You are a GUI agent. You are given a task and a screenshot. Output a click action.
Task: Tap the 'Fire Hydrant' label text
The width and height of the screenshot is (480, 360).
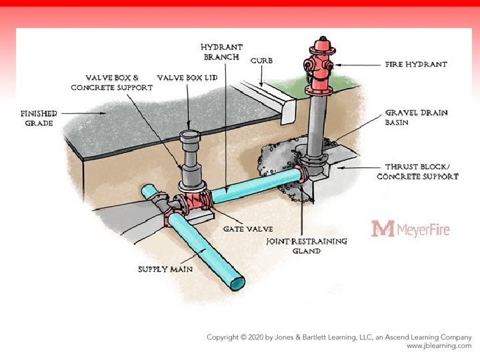(416, 65)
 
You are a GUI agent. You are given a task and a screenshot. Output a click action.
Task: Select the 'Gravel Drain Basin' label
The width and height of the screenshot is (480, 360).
(407, 117)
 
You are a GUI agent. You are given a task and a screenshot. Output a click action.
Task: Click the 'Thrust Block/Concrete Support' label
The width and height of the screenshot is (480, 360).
(417, 171)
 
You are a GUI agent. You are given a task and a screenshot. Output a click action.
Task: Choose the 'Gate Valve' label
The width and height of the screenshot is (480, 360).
(247, 229)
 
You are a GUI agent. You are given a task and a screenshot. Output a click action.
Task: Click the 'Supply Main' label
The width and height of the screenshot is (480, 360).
(165, 269)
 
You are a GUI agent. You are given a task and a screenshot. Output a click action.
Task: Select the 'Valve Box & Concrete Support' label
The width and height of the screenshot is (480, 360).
(112, 83)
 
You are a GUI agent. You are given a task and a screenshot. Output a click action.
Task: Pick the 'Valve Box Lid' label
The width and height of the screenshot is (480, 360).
(187, 78)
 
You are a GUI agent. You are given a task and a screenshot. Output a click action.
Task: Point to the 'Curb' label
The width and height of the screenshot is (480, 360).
(261, 61)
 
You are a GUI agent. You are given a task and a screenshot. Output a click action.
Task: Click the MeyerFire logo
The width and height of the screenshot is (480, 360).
(411, 229)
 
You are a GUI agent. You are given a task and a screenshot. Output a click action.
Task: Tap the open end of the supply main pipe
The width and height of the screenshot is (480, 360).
(237, 283)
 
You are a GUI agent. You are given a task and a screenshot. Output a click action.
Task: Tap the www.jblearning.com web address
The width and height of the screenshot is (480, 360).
(439, 347)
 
